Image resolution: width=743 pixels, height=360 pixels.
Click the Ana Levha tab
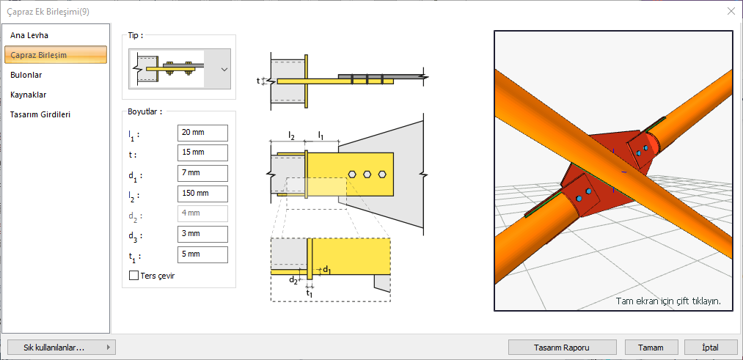point(29,35)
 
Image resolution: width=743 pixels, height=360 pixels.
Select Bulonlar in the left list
point(26,75)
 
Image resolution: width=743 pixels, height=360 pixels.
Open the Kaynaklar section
point(29,95)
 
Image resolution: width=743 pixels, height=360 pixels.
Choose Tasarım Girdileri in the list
point(40,114)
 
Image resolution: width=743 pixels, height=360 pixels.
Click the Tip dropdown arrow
point(224,69)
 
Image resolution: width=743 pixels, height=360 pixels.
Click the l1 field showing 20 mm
point(202,133)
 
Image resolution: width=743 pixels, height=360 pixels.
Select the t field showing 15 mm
point(202,153)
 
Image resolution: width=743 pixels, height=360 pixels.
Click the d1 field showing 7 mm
point(202,174)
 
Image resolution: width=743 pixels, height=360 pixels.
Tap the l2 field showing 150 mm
point(202,194)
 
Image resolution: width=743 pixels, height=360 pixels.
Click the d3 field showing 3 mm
point(202,235)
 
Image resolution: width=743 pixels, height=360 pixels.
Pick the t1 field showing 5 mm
point(202,255)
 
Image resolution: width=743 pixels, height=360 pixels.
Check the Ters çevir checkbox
point(134,276)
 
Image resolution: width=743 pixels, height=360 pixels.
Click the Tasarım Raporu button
point(562,348)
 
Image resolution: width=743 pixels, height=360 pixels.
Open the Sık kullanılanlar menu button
point(59,348)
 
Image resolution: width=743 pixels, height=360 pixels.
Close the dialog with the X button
point(731,11)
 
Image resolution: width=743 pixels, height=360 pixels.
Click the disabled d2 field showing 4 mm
point(202,214)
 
